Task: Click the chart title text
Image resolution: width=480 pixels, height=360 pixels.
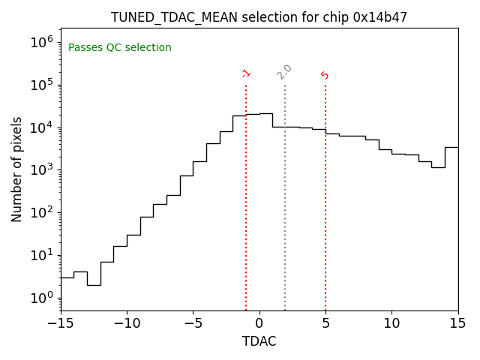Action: coord(259,17)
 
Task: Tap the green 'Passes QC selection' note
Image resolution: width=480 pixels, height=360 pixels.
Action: coord(120,48)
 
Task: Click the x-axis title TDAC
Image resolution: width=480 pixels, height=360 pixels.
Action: coord(259,341)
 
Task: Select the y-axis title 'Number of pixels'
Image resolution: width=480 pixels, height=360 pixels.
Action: coord(17,169)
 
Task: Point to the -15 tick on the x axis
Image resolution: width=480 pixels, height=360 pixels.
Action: coord(61,323)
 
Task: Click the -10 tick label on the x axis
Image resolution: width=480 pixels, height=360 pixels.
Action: coord(127,323)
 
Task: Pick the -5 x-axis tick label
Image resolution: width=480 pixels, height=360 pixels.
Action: coord(193,323)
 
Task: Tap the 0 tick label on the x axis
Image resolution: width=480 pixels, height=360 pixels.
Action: coord(259,323)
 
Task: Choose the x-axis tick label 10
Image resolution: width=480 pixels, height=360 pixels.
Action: coord(391,323)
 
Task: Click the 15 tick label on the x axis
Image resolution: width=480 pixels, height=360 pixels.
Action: coord(457,323)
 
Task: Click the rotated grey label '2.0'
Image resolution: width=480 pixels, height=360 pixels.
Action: coord(284,72)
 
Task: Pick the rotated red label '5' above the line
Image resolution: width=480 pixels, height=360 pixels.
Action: coord(325,75)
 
